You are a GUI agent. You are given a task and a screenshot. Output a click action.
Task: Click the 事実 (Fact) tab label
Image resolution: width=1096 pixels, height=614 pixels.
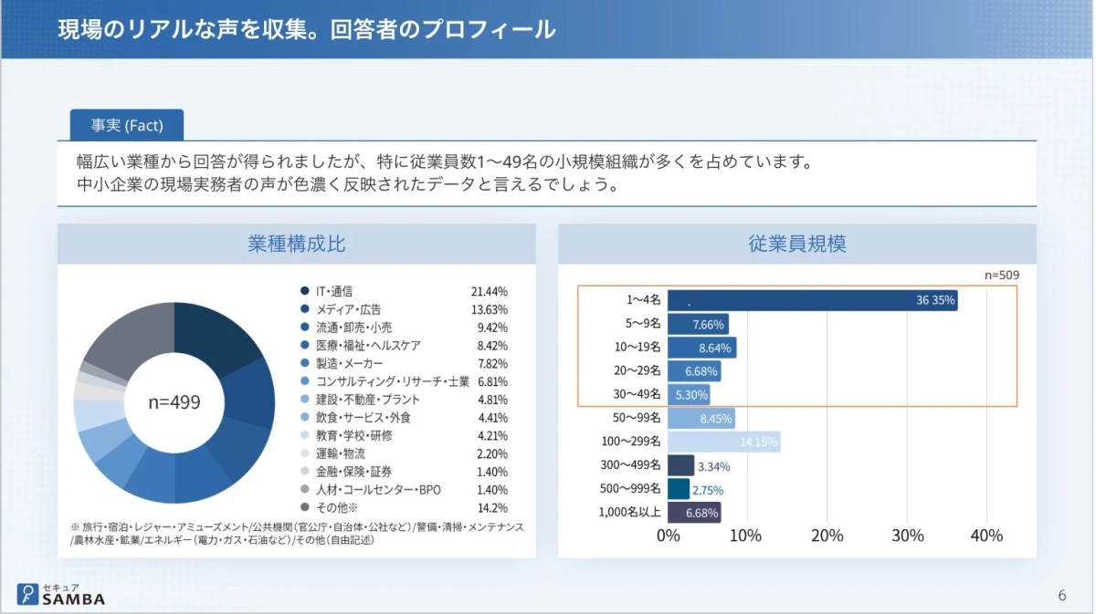tap(126, 125)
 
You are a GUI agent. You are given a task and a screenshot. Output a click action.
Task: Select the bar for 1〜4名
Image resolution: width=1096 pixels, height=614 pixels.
tap(812, 300)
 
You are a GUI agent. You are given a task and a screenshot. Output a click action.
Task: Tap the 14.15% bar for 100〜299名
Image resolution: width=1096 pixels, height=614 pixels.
tap(723, 442)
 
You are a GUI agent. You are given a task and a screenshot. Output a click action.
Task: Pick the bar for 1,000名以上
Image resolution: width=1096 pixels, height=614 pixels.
tap(694, 513)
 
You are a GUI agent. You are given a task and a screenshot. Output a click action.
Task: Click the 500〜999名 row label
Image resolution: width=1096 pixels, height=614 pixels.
tap(630, 489)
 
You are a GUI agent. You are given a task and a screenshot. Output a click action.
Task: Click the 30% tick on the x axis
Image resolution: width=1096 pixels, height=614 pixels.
tap(907, 536)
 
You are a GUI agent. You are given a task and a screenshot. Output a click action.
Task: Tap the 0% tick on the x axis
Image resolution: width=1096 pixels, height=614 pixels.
tap(669, 536)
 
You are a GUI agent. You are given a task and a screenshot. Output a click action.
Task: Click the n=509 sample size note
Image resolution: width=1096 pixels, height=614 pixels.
tap(1001, 275)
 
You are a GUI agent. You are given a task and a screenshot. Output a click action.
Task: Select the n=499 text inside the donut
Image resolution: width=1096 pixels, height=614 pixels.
tap(174, 402)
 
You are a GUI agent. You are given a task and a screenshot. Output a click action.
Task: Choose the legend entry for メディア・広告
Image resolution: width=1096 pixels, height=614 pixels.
tap(348, 309)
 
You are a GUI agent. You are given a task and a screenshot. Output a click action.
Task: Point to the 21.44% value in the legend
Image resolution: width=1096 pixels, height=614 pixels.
tap(489, 291)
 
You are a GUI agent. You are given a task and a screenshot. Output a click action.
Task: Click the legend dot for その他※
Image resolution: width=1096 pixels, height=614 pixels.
tap(304, 507)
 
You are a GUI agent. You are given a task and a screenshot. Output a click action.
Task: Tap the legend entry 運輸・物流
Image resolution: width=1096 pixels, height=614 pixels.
tap(340, 453)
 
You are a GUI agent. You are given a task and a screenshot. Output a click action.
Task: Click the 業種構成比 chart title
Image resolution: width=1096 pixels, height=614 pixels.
tap(296, 245)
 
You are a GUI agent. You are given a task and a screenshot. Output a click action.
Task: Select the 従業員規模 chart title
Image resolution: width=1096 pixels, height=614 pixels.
tap(796, 245)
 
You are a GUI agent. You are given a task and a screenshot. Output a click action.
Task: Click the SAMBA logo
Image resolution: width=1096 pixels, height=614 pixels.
tap(61, 594)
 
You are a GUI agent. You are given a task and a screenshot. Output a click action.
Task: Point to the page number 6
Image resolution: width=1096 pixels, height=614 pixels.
tap(1061, 596)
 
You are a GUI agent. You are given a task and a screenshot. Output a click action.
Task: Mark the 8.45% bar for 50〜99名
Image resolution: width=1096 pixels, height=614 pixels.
tap(701, 419)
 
